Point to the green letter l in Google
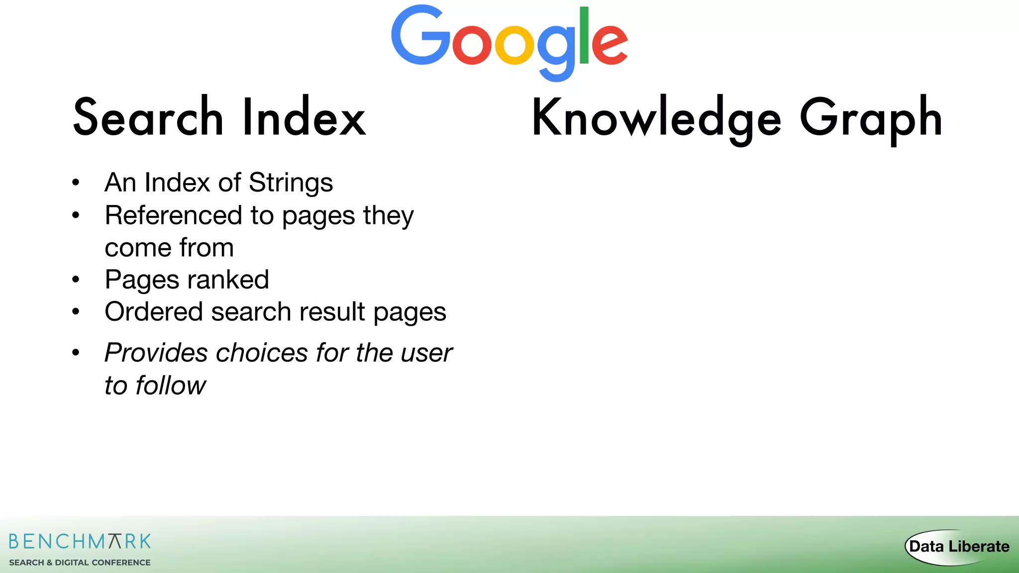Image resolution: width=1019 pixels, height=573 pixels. pyautogui.click(x=584, y=36)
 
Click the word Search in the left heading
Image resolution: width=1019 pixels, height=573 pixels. pyautogui.click(x=148, y=118)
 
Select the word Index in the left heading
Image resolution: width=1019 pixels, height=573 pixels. pyautogui.click(x=304, y=118)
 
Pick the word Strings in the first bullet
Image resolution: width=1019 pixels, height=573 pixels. pyautogui.click(x=291, y=183)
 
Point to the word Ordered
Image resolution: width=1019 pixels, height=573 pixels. pyautogui.click(x=154, y=312)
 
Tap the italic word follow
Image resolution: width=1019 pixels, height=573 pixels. pyautogui.click(x=171, y=385)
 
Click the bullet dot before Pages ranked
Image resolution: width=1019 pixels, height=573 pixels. pyautogui.click(x=76, y=280)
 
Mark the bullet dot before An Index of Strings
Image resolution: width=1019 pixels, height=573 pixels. pyautogui.click(x=76, y=183)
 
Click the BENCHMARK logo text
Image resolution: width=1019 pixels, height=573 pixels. pyautogui.click(x=80, y=541)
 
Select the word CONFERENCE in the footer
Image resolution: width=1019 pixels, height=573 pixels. pyautogui.click(x=121, y=563)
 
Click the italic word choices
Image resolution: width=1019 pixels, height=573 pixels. pyautogui.click(x=262, y=353)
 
